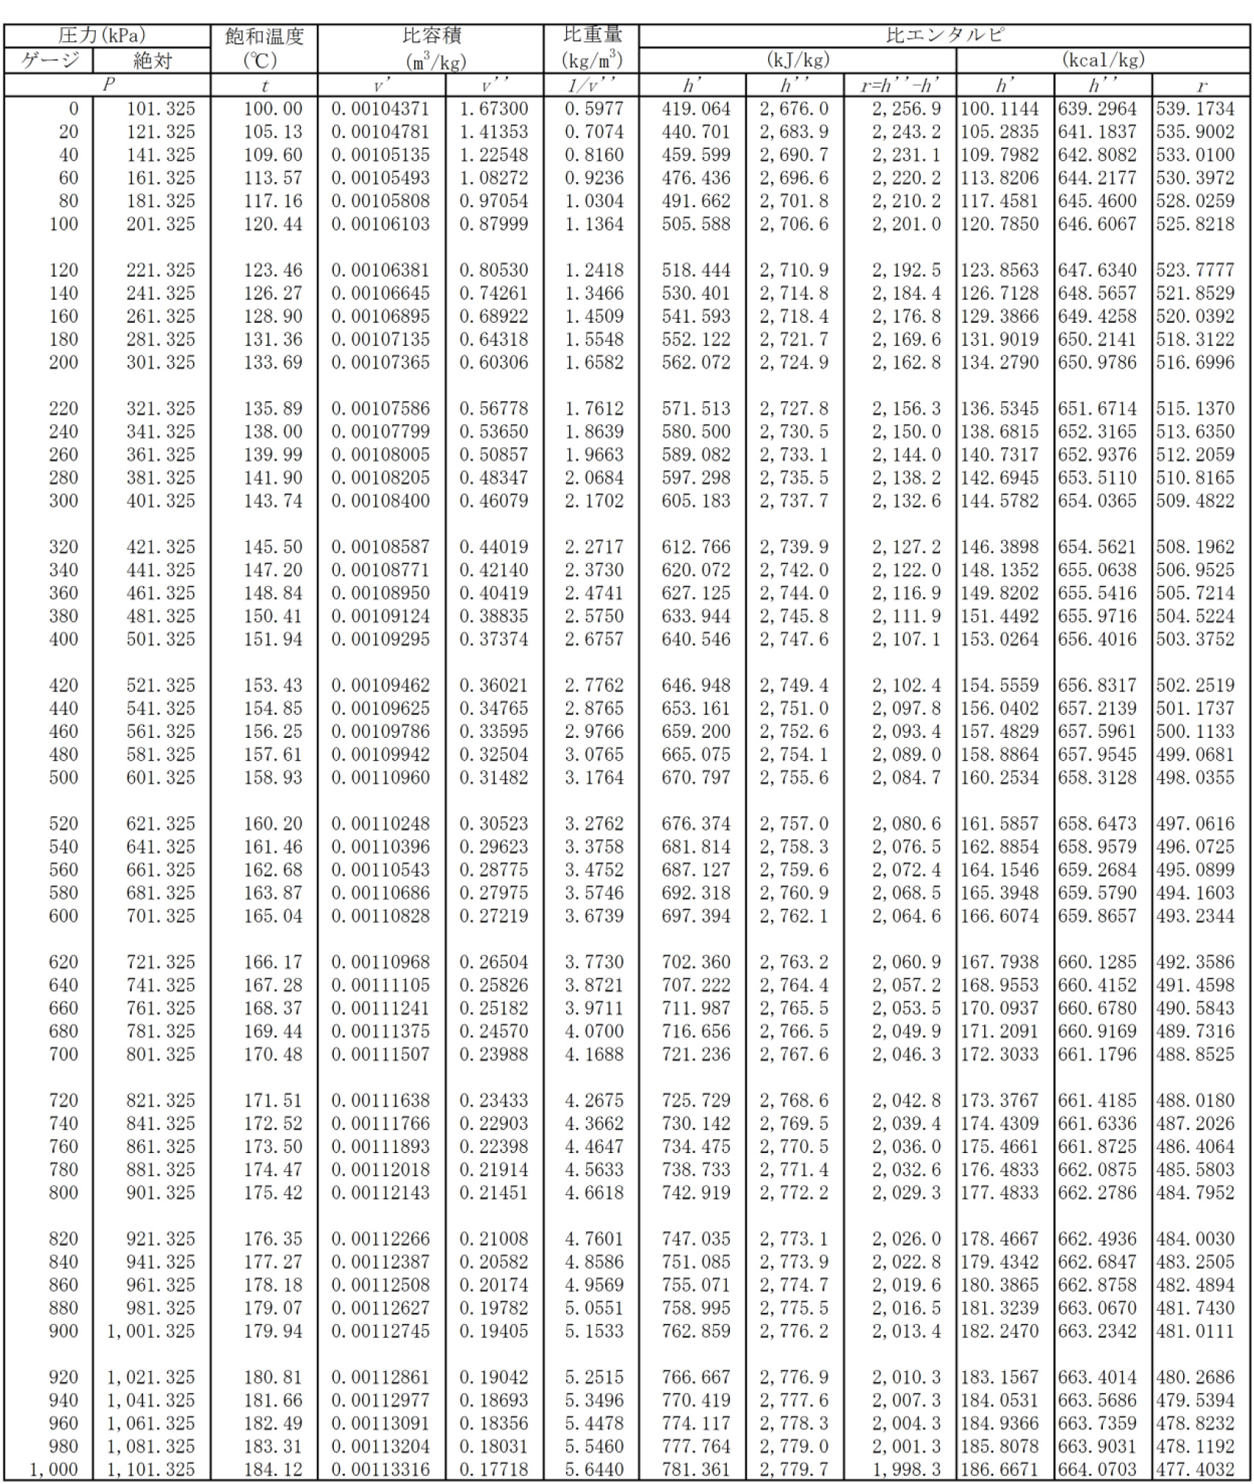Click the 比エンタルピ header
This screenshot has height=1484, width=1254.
pyautogui.click(x=944, y=35)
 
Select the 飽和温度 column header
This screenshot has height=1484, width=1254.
pyautogui.click(x=264, y=36)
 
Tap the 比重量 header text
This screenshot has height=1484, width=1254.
pyautogui.click(x=592, y=35)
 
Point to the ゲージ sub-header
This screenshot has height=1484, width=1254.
pyautogui.click(x=49, y=60)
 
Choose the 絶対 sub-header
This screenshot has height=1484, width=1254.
pyautogui.click(x=152, y=60)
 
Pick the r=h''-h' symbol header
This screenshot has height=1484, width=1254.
pyautogui.click(x=899, y=86)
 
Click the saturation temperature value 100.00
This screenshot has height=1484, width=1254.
pyautogui.click(x=273, y=108)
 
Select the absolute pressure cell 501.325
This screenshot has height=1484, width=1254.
pyautogui.click(x=161, y=638)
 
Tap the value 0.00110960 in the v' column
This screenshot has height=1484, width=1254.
pyautogui.click(x=380, y=777)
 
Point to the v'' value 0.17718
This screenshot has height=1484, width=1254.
pyautogui.click(x=493, y=1469)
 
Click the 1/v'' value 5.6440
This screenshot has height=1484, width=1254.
pyautogui.click(x=593, y=1469)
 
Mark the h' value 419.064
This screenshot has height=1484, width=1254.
pyautogui.click(x=695, y=108)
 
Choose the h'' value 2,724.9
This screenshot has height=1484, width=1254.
pyautogui.click(x=794, y=362)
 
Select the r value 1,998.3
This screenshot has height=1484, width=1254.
pyautogui.click(x=906, y=1469)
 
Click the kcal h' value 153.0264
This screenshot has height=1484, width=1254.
pyautogui.click(x=1000, y=638)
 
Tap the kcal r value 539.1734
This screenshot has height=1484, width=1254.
pyautogui.click(x=1194, y=108)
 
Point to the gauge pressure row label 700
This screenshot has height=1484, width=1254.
pyautogui.click(x=63, y=1053)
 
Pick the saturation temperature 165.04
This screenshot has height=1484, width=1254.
pyautogui.click(x=273, y=916)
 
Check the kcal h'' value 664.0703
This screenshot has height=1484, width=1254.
pyautogui.click(x=1097, y=1469)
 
